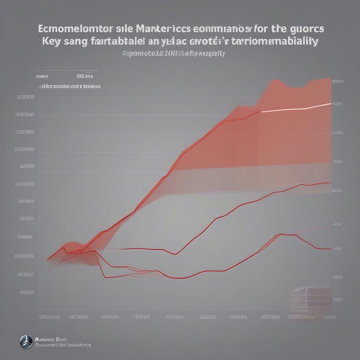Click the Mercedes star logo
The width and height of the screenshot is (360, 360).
click(26, 342)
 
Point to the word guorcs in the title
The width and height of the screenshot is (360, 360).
click(311, 28)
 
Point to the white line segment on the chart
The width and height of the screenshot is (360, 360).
click(295, 107)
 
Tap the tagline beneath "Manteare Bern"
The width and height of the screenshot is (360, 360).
click(63, 345)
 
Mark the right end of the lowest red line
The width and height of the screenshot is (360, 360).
click(331, 249)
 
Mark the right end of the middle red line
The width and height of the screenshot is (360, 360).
click(330, 182)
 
